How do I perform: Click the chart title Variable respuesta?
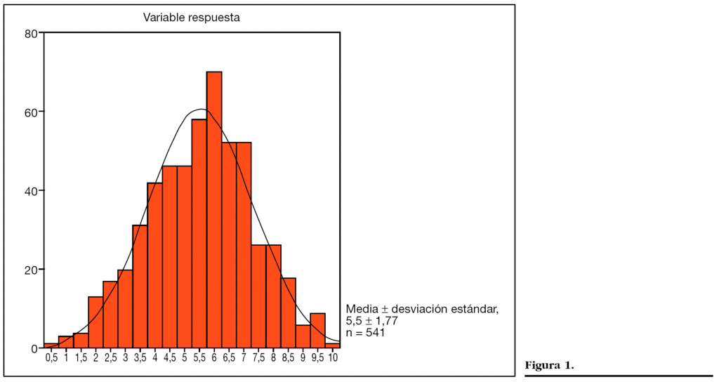pyautogui.click(x=192, y=18)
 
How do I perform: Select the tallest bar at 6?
pyautogui.click(x=214, y=211)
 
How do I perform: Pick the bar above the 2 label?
pyautogui.click(x=95, y=322)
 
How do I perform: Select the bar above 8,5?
pyautogui.click(x=288, y=313)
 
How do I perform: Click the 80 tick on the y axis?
pyautogui.click(x=31, y=33)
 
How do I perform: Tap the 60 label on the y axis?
pyautogui.click(x=31, y=112)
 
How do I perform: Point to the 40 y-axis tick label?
pyautogui.click(x=31, y=191)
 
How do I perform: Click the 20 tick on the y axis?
pyautogui.click(x=31, y=270)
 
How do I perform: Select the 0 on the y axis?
pyautogui.click(x=34, y=348)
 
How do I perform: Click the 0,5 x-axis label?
pyautogui.click(x=51, y=358)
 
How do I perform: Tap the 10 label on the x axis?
pyautogui.click(x=333, y=358)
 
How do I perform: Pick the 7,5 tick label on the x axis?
pyautogui.click(x=258, y=358)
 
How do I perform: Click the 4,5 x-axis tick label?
pyautogui.click(x=169, y=358)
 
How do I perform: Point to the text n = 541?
pyautogui.click(x=365, y=333)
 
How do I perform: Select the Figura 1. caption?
pyautogui.click(x=550, y=366)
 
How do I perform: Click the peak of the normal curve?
pyautogui.click(x=200, y=110)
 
